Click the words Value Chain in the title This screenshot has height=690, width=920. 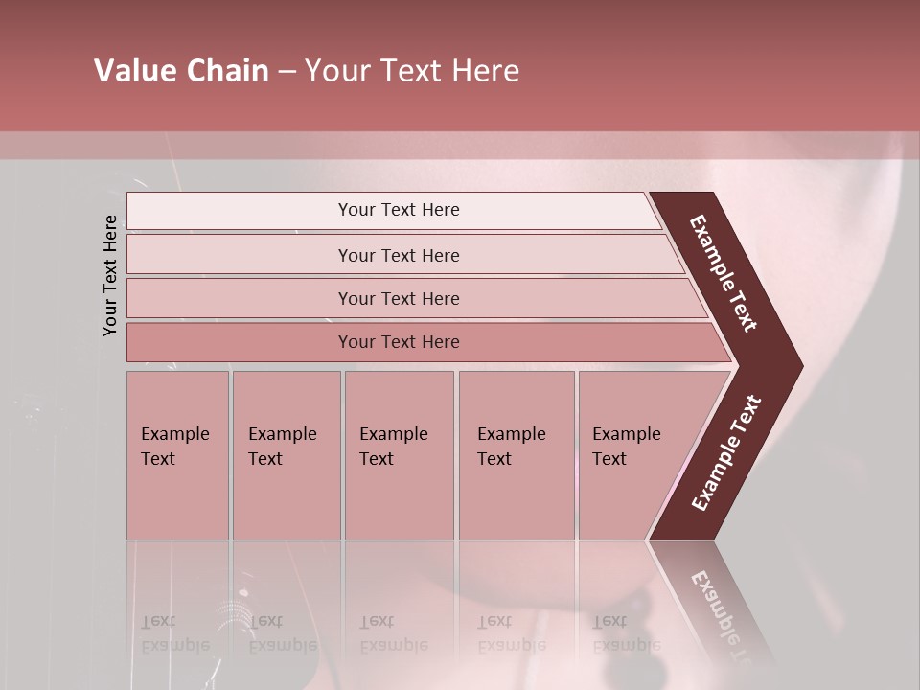[x=181, y=71]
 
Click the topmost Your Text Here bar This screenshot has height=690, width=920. [x=398, y=210]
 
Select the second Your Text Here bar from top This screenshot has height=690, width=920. [x=398, y=255]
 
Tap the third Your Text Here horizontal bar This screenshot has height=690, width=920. [x=398, y=298]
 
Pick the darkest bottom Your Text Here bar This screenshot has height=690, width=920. [x=398, y=342]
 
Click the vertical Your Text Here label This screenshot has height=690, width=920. [x=110, y=275]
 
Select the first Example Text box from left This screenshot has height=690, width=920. [x=177, y=454]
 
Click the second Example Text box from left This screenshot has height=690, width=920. [x=286, y=454]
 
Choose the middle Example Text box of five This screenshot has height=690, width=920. [x=399, y=454]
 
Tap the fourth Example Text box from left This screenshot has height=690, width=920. [x=516, y=454]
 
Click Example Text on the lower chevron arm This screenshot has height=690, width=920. [x=726, y=452]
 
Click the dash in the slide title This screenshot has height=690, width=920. [x=287, y=71]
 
